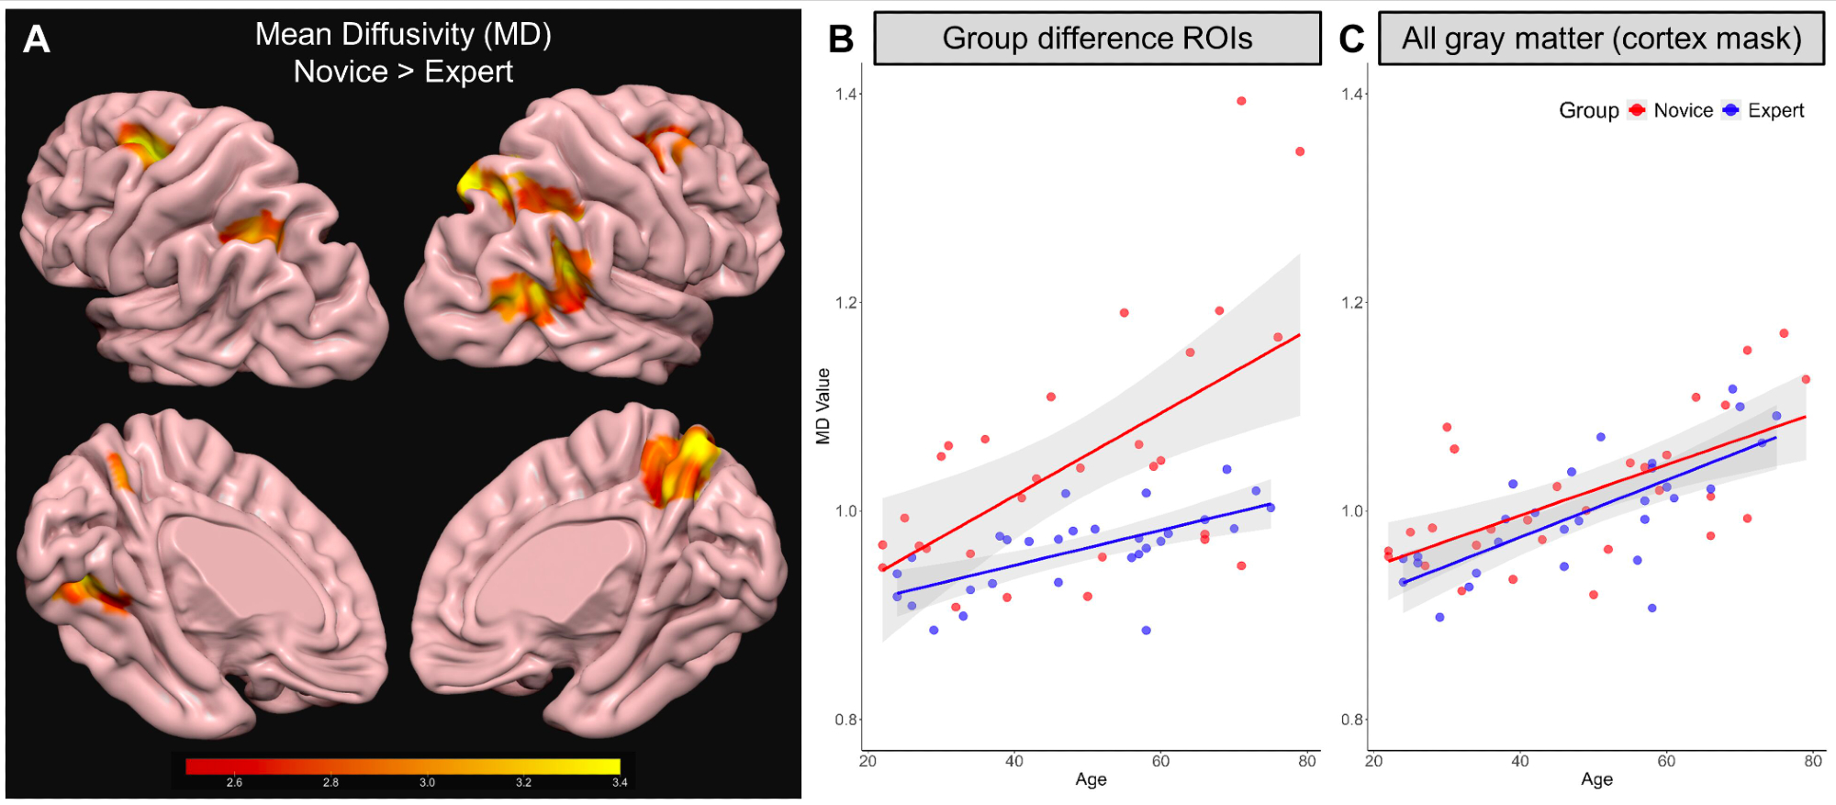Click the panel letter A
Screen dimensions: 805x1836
coord(36,39)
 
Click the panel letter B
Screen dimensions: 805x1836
coord(841,39)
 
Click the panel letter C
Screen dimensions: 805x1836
coord(1351,39)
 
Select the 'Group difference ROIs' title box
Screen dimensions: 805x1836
coord(1097,39)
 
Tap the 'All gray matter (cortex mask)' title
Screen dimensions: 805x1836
coord(1601,39)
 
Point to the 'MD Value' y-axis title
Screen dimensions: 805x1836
coord(823,407)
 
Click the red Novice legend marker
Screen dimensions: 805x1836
coord(1637,110)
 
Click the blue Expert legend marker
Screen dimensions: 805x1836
coord(1731,110)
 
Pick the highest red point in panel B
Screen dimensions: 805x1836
coord(1241,101)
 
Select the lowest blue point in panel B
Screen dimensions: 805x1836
coord(1146,631)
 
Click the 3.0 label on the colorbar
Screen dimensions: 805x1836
coord(427,783)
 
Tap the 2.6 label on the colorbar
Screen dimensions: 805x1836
coord(234,783)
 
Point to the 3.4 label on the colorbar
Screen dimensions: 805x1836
coord(620,783)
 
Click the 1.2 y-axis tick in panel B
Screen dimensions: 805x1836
coord(845,303)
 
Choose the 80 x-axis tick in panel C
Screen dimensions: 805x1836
coord(1812,761)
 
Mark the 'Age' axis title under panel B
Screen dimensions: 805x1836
coord(1091,779)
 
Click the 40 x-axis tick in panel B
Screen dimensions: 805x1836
coord(1013,761)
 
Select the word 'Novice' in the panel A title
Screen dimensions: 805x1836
coord(341,72)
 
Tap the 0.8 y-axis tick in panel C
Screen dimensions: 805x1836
coord(1351,720)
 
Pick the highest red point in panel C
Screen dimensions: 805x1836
coord(1784,333)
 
